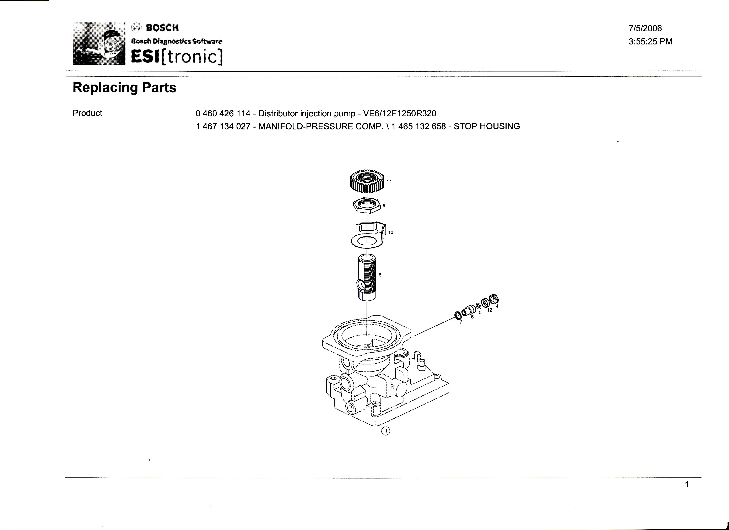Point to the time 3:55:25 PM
(x=650, y=42)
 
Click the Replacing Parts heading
(x=124, y=87)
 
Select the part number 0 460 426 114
(x=223, y=113)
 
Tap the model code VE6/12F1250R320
(x=400, y=113)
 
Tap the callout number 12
(x=490, y=310)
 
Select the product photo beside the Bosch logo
(x=99, y=43)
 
